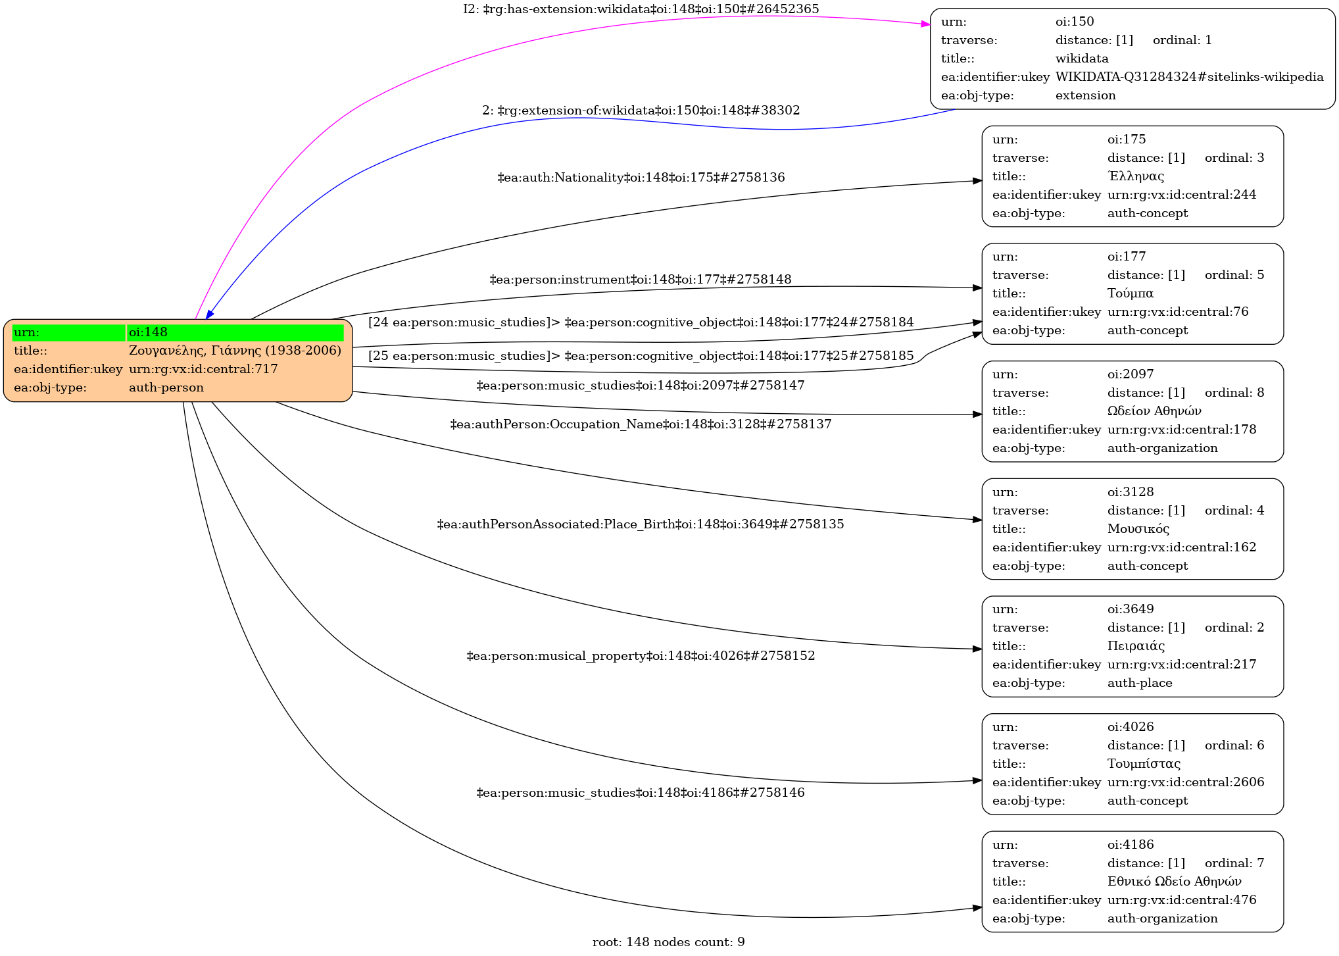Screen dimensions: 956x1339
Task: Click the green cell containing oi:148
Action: pyautogui.click(x=235, y=332)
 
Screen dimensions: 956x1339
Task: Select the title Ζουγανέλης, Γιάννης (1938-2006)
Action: pyautogui.click(x=235, y=351)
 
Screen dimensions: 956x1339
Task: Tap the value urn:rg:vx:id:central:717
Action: pyautogui.click(x=203, y=369)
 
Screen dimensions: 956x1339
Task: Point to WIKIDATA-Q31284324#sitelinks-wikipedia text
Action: pyautogui.click(x=1189, y=77)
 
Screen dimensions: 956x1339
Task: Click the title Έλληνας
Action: pyautogui.click(x=1135, y=176)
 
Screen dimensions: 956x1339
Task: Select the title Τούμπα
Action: pyautogui.click(x=1130, y=293)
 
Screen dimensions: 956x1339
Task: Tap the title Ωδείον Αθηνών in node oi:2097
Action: pyautogui.click(x=1154, y=411)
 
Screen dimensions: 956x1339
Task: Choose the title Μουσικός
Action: pyautogui.click(x=1138, y=529)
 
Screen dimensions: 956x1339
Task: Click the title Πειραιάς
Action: pyautogui.click(x=1136, y=646)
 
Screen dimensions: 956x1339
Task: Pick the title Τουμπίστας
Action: pyautogui.click(x=1144, y=764)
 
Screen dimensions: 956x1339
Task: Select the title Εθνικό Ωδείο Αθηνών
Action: pyautogui.click(x=1174, y=882)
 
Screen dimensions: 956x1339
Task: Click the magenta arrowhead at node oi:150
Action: pyautogui.click(x=925, y=24)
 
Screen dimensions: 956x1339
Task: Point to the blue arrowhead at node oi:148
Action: pyautogui.click(x=209, y=314)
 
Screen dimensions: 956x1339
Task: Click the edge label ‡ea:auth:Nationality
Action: pyautogui.click(x=641, y=178)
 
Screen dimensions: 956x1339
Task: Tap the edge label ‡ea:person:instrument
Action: pyautogui.click(x=640, y=280)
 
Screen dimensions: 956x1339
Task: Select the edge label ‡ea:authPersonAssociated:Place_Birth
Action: pyautogui.click(x=640, y=524)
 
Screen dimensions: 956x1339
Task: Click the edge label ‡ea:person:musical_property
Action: pyautogui.click(x=640, y=656)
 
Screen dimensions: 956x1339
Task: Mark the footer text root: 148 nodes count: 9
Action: pyautogui.click(x=668, y=942)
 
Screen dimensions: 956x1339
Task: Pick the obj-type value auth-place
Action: pyautogui.click(x=1139, y=683)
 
